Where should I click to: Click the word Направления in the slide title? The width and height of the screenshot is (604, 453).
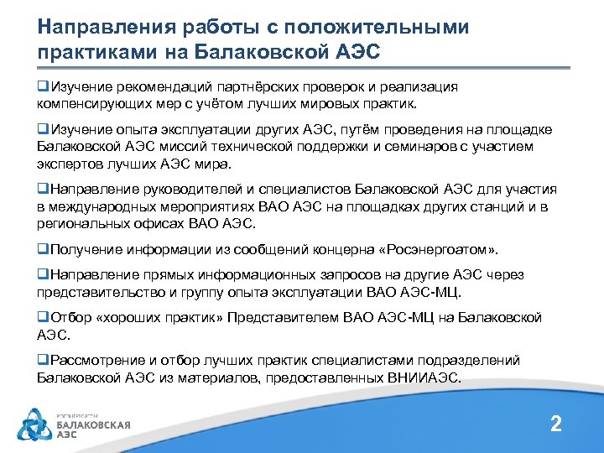tap(99, 27)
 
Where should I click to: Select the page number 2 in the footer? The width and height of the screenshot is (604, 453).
tap(555, 424)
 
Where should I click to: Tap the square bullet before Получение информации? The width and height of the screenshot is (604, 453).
tap(42, 250)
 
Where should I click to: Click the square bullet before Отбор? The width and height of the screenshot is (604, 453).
tap(42, 319)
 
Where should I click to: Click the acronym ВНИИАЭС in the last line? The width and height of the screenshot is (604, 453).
tap(425, 378)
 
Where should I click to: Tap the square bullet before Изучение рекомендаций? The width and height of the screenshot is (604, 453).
tap(42, 86)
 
